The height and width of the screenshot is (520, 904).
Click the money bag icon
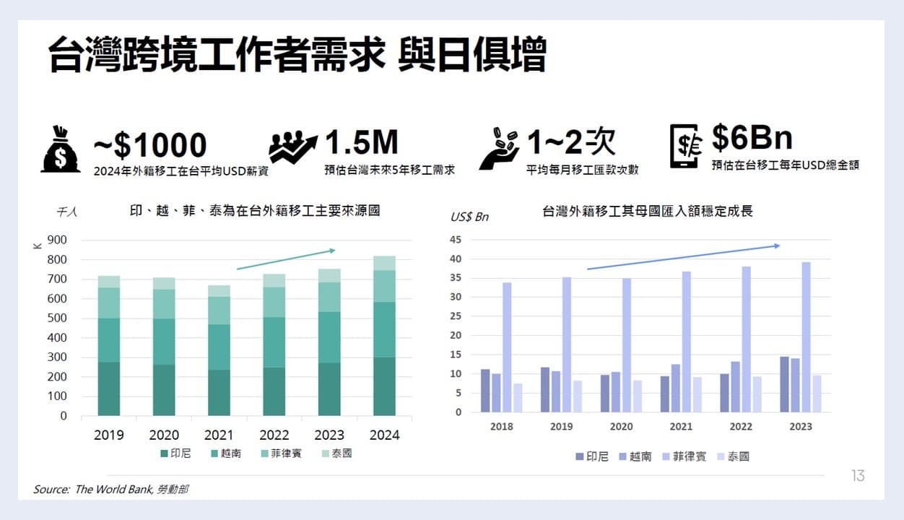coord(61,149)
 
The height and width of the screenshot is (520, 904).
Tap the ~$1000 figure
coord(150,146)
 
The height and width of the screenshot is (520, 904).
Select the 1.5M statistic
coord(361,143)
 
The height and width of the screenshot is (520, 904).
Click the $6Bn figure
coord(752,137)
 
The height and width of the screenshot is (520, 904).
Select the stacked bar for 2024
coord(384,336)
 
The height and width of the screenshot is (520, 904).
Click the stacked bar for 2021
coord(219,350)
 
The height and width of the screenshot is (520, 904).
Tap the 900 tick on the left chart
coord(57,240)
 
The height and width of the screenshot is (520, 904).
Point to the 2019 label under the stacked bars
coord(108,435)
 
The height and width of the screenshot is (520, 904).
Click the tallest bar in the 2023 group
coord(806,337)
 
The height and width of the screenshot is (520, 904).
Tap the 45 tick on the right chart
coord(456,240)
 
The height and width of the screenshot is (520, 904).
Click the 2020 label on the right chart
coord(621,426)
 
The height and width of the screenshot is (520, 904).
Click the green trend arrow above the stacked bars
coord(286,259)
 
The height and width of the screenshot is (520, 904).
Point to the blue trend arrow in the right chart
coord(683,257)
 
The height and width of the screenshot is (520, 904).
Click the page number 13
coord(858,476)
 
